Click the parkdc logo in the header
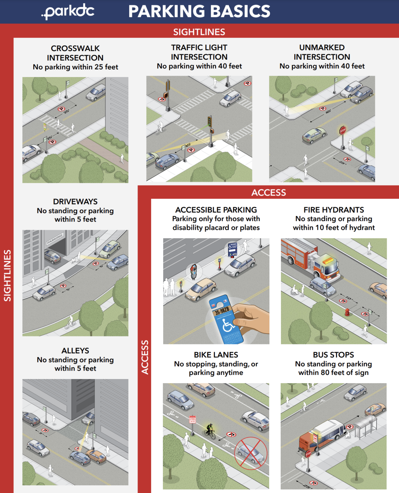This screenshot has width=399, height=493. click(x=68, y=11)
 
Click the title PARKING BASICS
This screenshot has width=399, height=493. click(x=199, y=11)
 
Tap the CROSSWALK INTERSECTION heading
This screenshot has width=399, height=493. click(x=75, y=53)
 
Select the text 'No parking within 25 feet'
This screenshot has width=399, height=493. click(x=75, y=67)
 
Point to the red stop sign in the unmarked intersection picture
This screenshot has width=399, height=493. click(x=343, y=130)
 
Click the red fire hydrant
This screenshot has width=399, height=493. click(x=347, y=312)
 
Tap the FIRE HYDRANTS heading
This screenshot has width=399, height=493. click(x=334, y=210)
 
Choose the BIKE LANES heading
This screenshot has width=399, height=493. click(x=216, y=355)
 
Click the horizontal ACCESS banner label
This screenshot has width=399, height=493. click(x=268, y=193)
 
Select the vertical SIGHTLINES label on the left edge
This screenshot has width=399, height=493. click(x=7, y=275)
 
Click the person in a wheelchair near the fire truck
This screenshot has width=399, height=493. click(x=294, y=290)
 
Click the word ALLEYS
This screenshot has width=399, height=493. click(x=75, y=351)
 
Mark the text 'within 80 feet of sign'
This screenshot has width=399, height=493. click(x=333, y=373)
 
